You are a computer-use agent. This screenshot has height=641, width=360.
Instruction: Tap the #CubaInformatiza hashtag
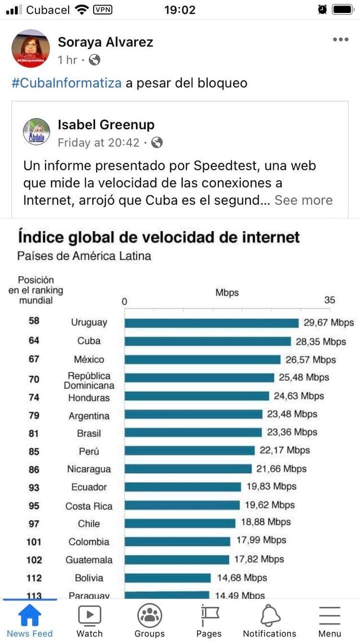[66, 83]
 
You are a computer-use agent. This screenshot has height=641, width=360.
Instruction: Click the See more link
[303, 200]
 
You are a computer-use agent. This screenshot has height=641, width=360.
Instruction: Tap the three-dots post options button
[340, 40]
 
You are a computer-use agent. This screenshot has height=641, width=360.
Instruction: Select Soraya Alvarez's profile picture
[31, 49]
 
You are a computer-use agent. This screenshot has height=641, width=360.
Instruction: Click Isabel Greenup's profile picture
[37, 132]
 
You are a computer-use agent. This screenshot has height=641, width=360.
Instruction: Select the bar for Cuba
[207, 342]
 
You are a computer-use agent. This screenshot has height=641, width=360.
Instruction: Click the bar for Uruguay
[211, 323]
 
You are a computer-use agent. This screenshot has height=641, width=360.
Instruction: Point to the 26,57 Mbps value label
[310, 360]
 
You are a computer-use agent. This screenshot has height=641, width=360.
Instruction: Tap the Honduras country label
[89, 398]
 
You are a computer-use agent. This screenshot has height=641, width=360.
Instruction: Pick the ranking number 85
[34, 451]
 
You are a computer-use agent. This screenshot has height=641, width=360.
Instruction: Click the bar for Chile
[180, 523]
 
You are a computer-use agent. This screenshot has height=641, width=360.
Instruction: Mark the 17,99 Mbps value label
[261, 540]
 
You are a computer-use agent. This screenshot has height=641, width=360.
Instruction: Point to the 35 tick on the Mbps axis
[329, 300]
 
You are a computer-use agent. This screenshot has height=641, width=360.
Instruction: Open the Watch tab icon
[90, 615]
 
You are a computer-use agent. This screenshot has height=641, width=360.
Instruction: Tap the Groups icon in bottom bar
[149, 615]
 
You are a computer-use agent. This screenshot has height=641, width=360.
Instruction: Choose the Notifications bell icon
[270, 615]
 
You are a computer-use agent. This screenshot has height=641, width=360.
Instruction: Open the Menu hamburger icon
[329, 615]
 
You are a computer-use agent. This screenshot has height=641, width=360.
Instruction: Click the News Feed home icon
[30, 615]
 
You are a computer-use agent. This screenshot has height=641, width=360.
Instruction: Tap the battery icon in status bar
[342, 10]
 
